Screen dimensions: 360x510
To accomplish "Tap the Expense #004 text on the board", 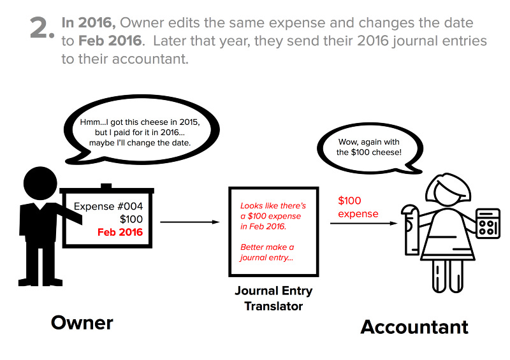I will click(x=108, y=206).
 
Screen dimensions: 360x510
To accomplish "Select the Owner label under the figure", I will click(x=82, y=322).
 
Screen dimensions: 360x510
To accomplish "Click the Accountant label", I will click(x=414, y=327).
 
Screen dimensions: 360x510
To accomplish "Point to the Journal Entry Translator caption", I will click(x=273, y=299).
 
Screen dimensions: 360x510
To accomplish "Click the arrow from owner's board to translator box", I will click(x=191, y=222).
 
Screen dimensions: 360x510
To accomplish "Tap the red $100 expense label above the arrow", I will click(x=358, y=207).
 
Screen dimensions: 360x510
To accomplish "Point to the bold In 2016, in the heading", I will click(x=89, y=24).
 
